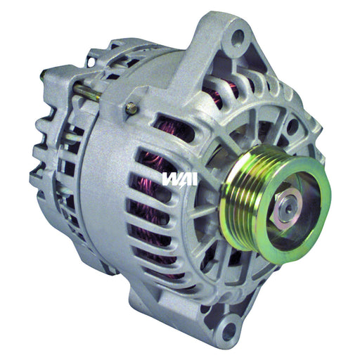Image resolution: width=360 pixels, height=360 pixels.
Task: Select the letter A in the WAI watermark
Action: [x=186, y=179]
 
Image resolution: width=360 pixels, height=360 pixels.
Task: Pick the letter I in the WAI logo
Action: [x=195, y=179]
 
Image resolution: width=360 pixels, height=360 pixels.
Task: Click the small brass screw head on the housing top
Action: [x=131, y=107]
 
